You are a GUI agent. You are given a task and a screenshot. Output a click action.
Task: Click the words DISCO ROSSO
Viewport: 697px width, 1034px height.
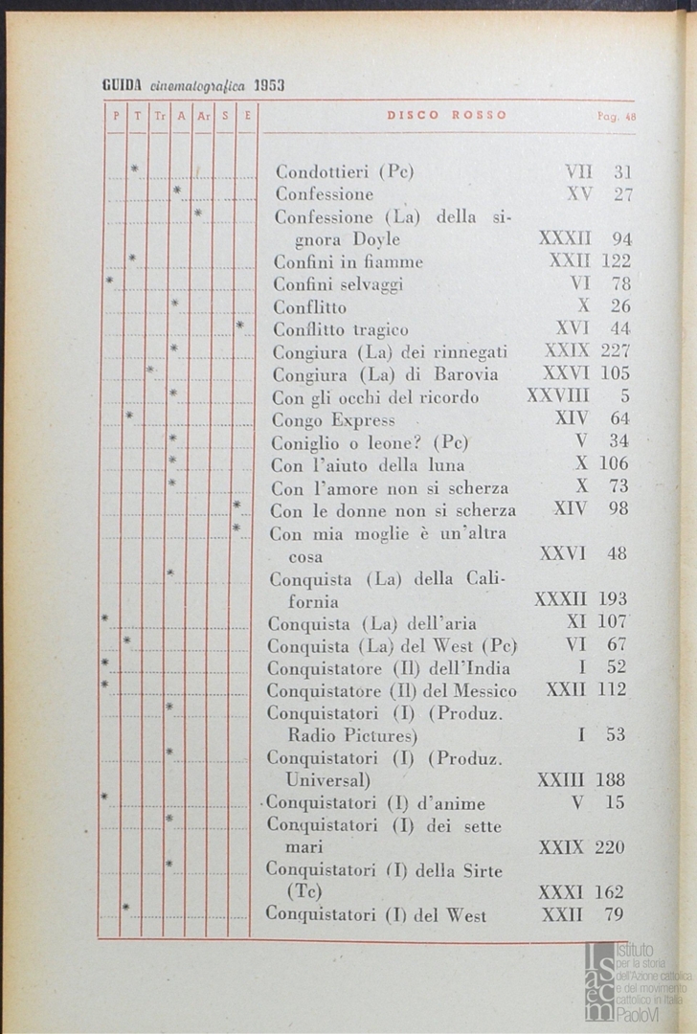[x=447, y=115]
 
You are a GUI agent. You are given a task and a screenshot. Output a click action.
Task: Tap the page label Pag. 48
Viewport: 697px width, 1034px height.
[x=617, y=116]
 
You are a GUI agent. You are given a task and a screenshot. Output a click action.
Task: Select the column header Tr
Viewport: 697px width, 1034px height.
[x=160, y=116]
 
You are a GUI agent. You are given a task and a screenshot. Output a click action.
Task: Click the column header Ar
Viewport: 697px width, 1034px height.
[x=203, y=116]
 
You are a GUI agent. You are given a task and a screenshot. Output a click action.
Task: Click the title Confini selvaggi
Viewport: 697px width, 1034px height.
[x=338, y=284]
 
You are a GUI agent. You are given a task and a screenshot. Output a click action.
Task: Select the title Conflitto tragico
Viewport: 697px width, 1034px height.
[x=340, y=329]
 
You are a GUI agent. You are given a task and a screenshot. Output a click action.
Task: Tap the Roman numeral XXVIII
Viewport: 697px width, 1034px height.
[x=557, y=396]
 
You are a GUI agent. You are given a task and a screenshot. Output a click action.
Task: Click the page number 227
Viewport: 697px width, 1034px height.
[x=615, y=351]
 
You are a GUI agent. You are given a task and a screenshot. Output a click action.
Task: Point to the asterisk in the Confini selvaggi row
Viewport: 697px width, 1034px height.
[x=109, y=281]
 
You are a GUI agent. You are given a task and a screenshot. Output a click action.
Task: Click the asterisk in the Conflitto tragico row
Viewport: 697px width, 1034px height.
[x=239, y=326]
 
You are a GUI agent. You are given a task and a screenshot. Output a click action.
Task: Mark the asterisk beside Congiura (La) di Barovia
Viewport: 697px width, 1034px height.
[x=150, y=370]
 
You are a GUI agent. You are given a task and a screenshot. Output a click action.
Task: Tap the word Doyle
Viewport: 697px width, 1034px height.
[x=368, y=239]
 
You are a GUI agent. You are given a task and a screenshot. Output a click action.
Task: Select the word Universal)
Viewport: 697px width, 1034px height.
[x=330, y=779]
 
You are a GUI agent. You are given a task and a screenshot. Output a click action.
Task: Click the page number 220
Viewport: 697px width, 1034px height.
[x=610, y=847]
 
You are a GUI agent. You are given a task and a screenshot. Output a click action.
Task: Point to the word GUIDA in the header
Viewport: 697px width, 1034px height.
[x=123, y=84]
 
